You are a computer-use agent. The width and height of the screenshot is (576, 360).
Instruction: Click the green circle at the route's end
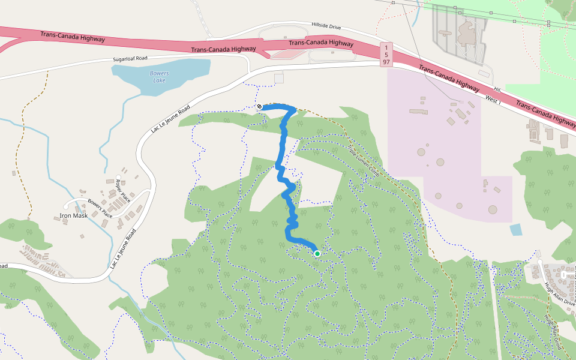(317, 254)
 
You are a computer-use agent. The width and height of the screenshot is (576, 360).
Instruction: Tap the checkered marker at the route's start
(260, 107)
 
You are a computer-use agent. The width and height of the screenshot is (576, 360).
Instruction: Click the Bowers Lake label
(159, 77)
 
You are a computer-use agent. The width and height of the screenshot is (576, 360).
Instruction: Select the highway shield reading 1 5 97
(387, 55)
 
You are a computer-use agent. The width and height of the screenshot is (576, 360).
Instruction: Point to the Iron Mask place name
(73, 215)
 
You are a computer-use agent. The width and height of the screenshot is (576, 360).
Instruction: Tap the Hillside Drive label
(326, 26)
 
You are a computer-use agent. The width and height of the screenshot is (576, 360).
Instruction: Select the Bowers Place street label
(100, 208)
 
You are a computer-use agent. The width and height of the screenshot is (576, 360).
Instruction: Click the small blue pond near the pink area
(515, 229)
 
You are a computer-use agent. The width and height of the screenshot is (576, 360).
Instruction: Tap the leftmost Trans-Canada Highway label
(73, 37)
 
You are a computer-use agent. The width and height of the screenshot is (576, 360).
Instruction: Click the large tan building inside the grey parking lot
(465, 33)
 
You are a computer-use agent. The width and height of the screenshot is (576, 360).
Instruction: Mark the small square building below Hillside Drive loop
(278, 79)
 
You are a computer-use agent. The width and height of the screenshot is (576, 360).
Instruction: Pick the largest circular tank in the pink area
(493, 210)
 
